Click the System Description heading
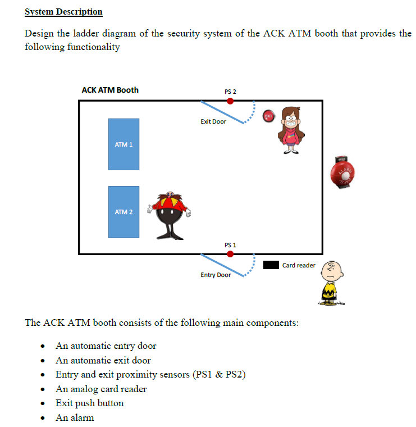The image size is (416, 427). (63, 12)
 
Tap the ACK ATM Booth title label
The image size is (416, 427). (110, 90)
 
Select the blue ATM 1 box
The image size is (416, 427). (124, 144)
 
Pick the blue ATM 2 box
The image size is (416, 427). (124, 212)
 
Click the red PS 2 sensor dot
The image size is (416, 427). (230, 101)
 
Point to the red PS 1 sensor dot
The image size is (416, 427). (230, 254)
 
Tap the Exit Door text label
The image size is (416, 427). (213, 121)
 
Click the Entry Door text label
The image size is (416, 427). (216, 275)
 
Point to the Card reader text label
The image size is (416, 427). (299, 265)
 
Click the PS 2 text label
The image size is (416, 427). (230, 92)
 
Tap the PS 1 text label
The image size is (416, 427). (230, 245)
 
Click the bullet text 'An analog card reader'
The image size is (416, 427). (101, 389)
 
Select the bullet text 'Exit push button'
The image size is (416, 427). (90, 403)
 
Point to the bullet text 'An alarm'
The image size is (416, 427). (75, 417)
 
